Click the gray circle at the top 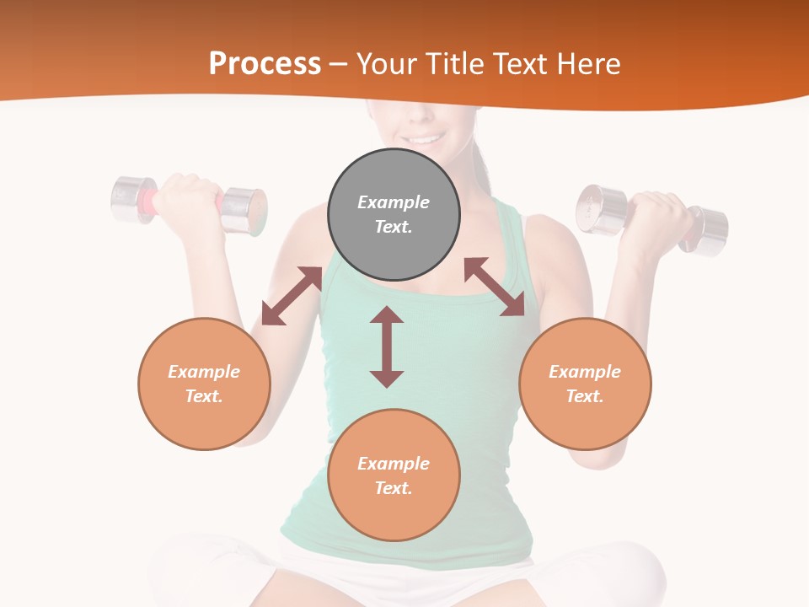[x=394, y=215]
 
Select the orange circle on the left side [x=204, y=384]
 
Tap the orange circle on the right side [x=585, y=384]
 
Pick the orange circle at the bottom [x=394, y=475]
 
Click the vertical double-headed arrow [x=387, y=346]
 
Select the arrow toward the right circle [x=495, y=287]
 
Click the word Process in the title [x=265, y=63]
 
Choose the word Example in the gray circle [x=394, y=202]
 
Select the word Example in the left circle [x=204, y=372]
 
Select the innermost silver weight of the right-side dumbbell [x=601, y=209]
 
